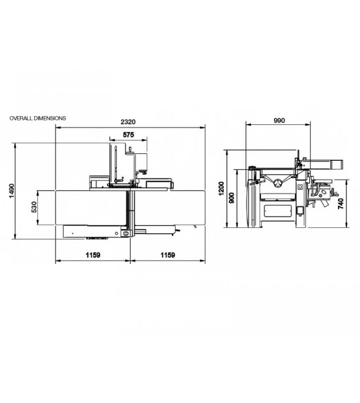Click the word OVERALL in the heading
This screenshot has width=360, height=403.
click(x=21, y=118)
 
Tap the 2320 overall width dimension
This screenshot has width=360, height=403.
click(x=128, y=122)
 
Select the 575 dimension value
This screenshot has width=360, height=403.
click(x=128, y=135)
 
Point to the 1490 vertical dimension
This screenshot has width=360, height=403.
click(x=12, y=191)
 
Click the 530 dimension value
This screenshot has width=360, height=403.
click(x=34, y=207)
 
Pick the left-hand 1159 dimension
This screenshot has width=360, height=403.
click(x=93, y=255)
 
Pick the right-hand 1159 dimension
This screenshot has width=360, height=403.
click(x=168, y=255)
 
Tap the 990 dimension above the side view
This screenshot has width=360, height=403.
click(x=279, y=120)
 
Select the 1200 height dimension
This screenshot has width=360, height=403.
click(x=221, y=189)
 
